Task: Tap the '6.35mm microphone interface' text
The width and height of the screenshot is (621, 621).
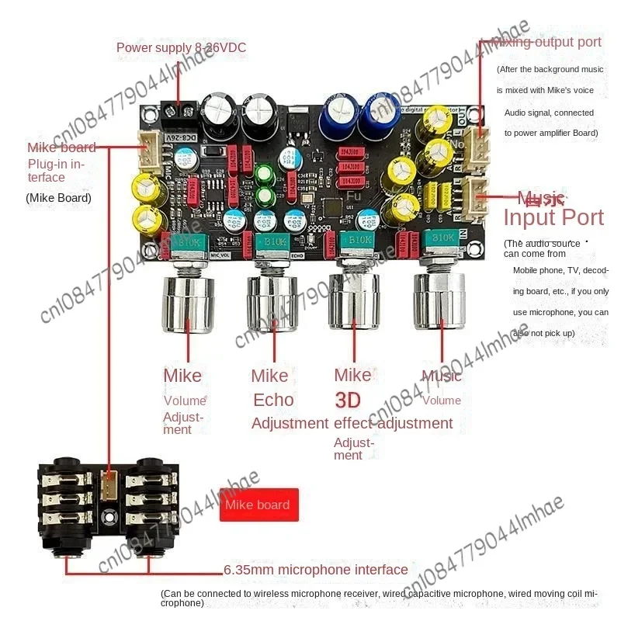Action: point(315,570)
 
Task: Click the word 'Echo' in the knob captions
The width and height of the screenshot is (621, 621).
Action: point(273,400)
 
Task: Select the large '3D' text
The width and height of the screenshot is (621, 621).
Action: point(352,400)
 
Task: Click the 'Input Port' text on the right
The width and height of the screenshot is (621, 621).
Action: point(553,217)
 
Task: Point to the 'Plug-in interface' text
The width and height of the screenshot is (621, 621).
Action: point(57,171)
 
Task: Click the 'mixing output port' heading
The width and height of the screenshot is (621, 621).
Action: point(545,42)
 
